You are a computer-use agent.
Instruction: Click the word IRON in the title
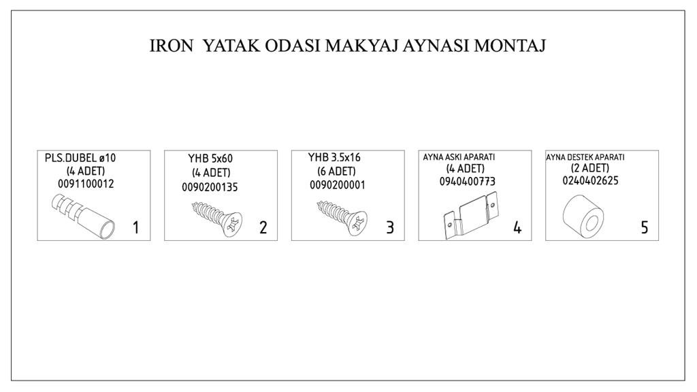point(171,46)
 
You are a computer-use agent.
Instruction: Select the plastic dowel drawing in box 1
point(83,215)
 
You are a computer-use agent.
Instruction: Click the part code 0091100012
point(86,184)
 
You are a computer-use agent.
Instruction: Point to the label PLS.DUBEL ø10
point(80,158)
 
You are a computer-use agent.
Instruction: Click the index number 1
point(136,227)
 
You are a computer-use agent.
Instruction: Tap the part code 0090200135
point(210,187)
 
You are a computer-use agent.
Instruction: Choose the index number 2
point(263,227)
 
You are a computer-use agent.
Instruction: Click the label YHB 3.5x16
point(334,157)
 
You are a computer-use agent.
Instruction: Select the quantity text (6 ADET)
point(336,171)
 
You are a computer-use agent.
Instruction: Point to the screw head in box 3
point(357,223)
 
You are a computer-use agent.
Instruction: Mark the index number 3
point(390,227)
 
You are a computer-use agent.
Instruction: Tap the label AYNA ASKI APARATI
point(459,157)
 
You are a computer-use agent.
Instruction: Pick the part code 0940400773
point(467,181)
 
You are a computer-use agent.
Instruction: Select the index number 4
point(517,227)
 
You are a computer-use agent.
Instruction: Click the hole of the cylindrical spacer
point(592,223)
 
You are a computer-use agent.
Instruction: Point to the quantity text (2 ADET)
point(590,168)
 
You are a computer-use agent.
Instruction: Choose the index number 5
point(645,227)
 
